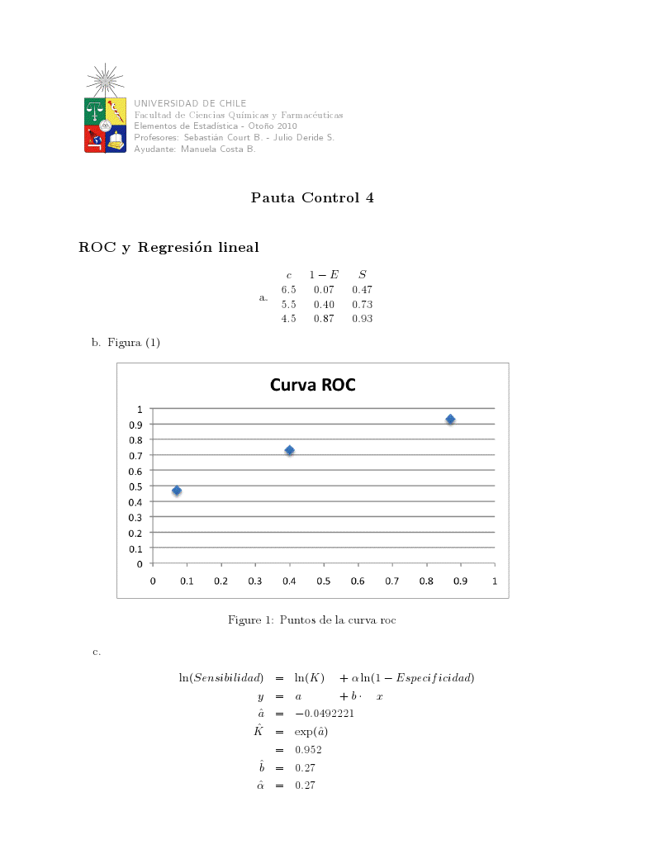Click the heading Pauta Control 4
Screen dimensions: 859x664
coord(312,198)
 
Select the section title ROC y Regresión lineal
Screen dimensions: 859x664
coord(168,247)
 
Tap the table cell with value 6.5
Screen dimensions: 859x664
coord(288,289)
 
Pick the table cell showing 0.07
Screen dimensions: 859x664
coord(324,289)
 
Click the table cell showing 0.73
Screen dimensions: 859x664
coord(362,304)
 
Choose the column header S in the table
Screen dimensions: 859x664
coord(362,274)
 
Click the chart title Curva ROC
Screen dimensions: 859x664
coord(312,385)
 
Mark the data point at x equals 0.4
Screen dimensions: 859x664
coord(290,450)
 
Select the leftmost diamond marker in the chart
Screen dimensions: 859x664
coord(177,491)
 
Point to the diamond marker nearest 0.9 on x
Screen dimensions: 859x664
coord(450,420)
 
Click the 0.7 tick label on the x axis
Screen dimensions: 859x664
coord(391,581)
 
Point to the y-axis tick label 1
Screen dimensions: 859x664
coord(140,409)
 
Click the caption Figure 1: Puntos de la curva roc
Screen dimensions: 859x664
coord(312,619)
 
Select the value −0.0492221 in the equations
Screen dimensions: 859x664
coord(325,714)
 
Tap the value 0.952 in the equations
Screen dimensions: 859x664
coord(309,750)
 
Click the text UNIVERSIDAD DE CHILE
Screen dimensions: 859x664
coord(190,103)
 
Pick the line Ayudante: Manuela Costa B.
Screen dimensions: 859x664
coord(195,149)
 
